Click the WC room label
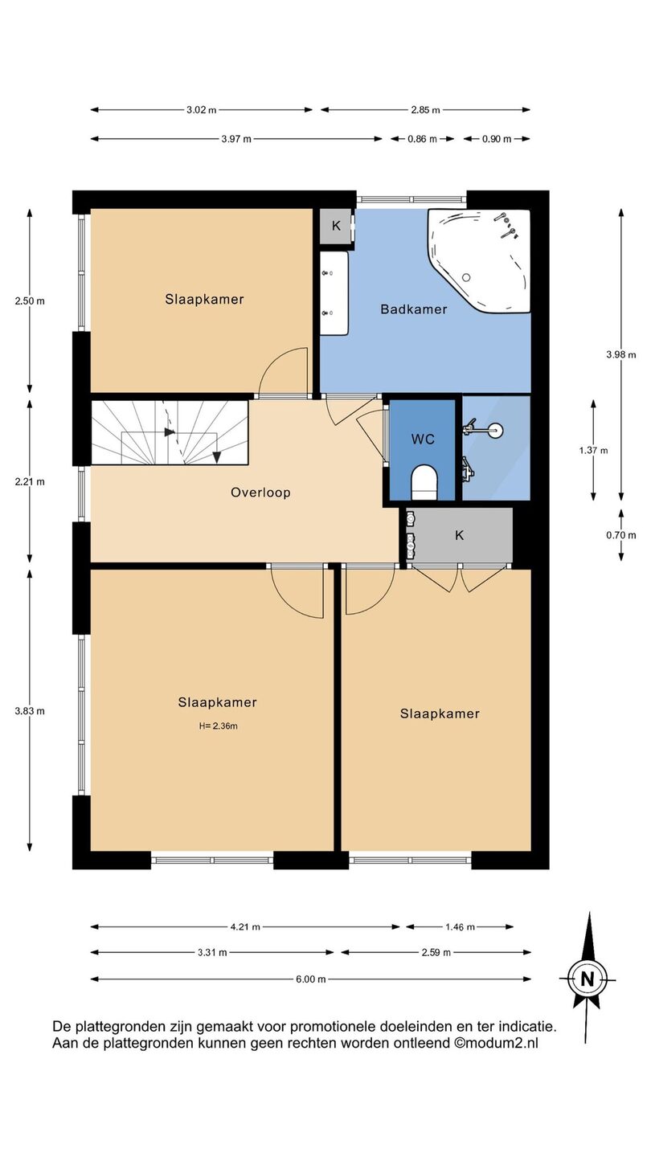click(423, 439)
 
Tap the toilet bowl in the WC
click(424, 482)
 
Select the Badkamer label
click(413, 309)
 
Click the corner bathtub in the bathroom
click(479, 260)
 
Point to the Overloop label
click(260, 493)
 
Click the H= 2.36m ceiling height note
click(218, 726)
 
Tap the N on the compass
click(587, 979)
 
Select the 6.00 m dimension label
click(310, 979)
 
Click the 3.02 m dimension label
click(202, 110)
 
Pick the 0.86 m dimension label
click(422, 139)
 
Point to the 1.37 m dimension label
click(593, 451)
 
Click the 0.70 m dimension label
click(621, 535)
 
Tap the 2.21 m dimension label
click(30, 482)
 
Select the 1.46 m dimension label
click(460, 927)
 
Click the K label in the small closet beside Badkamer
click(336, 226)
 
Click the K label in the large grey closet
click(460, 536)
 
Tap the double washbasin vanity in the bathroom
click(334, 292)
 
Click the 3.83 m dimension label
click(30, 711)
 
